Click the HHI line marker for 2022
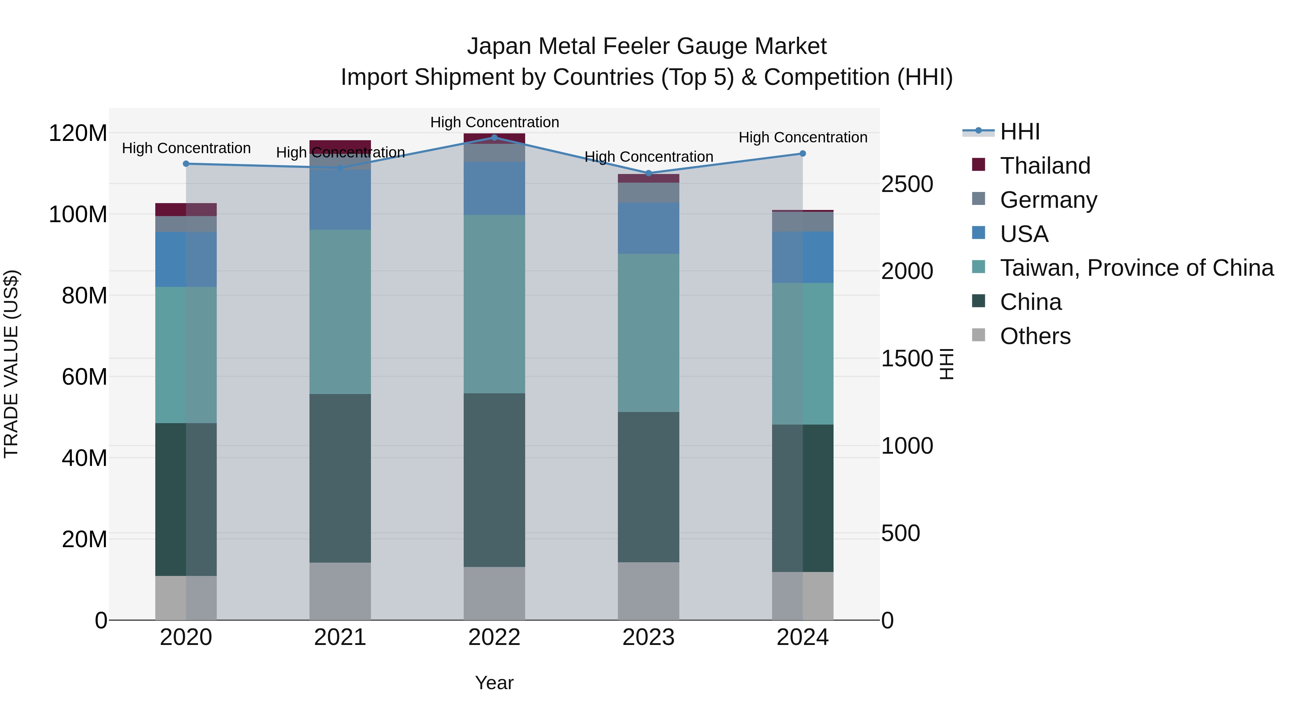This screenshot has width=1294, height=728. (x=494, y=138)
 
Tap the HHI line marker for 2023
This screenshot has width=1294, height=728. (x=648, y=173)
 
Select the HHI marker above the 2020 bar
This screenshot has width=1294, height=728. (x=186, y=164)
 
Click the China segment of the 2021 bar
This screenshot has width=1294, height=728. (x=340, y=477)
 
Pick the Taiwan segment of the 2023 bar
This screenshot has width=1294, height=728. (x=648, y=333)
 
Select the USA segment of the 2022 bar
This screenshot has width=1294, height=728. (x=494, y=188)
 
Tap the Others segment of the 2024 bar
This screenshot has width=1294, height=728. (x=802, y=596)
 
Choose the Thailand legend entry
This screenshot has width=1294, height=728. (x=1045, y=166)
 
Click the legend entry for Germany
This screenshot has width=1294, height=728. (x=1048, y=200)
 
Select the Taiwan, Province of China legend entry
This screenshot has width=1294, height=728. (x=1136, y=268)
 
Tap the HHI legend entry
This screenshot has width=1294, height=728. (x=1019, y=132)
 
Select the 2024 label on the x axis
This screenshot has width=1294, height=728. (x=802, y=637)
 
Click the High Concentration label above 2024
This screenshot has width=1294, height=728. (x=803, y=138)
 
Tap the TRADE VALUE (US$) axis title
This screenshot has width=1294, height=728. (x=11, y=364)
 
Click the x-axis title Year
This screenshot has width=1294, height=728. (x=494, y=683)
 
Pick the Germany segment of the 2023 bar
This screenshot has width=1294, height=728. (x=648, y=192)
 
